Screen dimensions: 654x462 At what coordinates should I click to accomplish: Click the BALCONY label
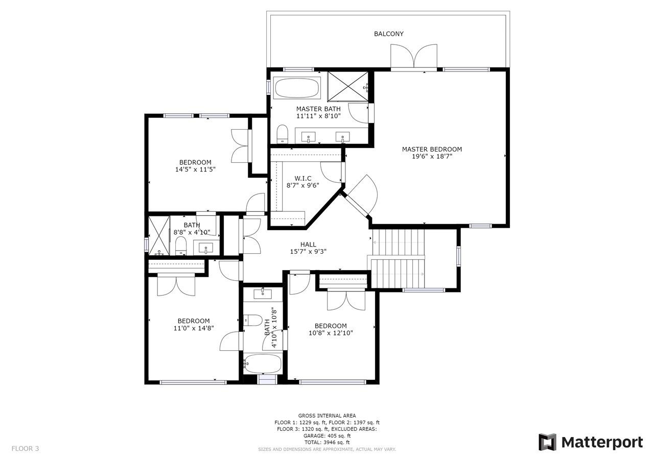pos(389,34)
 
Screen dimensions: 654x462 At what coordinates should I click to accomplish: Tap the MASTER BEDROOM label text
pos(432,150)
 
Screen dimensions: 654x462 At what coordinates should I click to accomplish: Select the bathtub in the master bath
pos(297,88)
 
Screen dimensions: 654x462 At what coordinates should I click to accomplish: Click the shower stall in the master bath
pos(348,87)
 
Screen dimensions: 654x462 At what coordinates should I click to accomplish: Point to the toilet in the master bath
pos(283,134)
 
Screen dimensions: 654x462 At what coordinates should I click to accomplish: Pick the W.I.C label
pos(303,178)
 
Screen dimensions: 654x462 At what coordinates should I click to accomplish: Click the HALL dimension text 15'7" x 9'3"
pos(308,251)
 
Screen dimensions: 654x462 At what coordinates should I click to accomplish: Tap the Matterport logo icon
pos(548,442)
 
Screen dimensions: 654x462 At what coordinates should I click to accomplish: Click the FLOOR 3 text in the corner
pos(25,449)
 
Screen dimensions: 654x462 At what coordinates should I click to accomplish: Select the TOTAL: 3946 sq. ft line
pos(327,442)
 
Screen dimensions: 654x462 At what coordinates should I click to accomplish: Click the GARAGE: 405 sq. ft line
pos(327,436)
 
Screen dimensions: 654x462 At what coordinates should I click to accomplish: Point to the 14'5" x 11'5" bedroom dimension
pos(195,169)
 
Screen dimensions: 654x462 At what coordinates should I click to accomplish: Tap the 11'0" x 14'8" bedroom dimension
pos(194,328)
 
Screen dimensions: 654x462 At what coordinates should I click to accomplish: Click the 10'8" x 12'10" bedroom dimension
pos(331,333)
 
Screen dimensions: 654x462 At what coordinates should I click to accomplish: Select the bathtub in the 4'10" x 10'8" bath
pos(263,363)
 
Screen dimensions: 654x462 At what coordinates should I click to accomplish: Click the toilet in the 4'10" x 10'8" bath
pos(253,320)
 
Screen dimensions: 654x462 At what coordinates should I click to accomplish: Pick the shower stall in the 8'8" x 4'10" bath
pos(159,236)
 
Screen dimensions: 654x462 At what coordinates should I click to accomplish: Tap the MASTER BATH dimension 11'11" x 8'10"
pos(318,116)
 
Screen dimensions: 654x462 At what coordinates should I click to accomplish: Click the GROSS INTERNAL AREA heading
pos(327,416)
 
